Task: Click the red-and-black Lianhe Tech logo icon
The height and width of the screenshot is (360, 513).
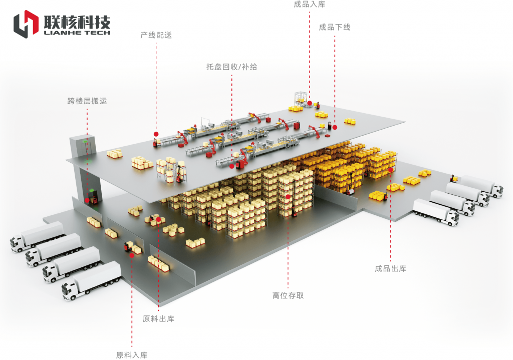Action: [x=26, y=24]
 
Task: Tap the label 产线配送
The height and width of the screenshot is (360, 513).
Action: [x=156, y=36]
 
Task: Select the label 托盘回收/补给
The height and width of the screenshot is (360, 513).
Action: [x=231, y=67]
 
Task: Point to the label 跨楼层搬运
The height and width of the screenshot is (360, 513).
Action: [x=87, y=101]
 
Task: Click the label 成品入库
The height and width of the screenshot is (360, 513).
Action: [x=309, y=5]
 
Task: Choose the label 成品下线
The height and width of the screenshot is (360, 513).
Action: [x=335, y=28]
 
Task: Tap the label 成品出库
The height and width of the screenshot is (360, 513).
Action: [x=390, y=269]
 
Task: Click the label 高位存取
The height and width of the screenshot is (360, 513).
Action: [x=288, y=295]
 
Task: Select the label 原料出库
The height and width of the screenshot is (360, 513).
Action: [x=158, y=319]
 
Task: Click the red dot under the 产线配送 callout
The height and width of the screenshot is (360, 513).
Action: [x=156, y=134]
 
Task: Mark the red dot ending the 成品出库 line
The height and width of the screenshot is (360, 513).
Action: [x=390, y=170]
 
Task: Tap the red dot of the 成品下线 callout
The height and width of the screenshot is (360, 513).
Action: [x=335, y=127]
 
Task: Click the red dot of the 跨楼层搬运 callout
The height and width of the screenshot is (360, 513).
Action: [x=87, y=200]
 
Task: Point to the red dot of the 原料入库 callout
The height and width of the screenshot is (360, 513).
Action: [x=132, y=255]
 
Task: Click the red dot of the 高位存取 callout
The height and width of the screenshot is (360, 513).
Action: [x=288, y=197]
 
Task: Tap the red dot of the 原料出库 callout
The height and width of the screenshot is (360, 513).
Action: [x=158, y=219]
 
